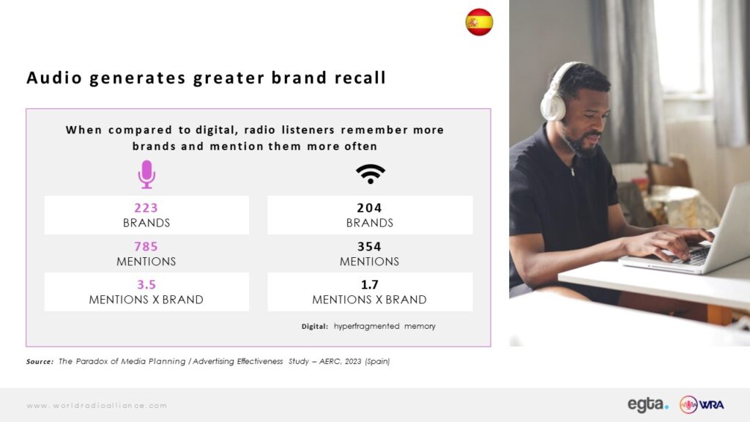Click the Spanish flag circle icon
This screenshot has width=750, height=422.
click(479, 22)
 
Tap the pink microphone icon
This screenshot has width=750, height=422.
click(146, 174)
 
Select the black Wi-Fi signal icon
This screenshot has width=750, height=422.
click(370, 174)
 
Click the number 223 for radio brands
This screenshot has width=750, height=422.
click(146, 207)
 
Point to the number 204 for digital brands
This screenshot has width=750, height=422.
click(369, 207)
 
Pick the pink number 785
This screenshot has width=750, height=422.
click(146, 246)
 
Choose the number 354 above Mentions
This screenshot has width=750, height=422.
click(369, 246)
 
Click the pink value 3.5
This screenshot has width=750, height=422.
click(146, 285)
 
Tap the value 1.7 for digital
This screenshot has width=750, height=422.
click(369, 285)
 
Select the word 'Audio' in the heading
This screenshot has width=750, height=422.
click(54, 78)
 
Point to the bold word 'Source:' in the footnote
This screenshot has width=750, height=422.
click(40, 362)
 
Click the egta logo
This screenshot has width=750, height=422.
click(648, 404)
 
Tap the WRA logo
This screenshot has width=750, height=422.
click(702, 404)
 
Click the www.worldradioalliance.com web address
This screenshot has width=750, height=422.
click(97, 405)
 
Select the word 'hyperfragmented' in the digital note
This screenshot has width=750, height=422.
click(366, 326)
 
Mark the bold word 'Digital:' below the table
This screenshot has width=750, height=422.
click(315, 326)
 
